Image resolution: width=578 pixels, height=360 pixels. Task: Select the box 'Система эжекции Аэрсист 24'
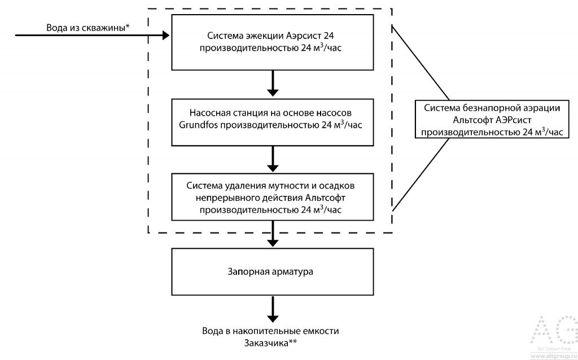(x=273, y=42)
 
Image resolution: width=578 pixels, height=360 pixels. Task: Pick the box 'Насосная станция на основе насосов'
(x=273, y=120)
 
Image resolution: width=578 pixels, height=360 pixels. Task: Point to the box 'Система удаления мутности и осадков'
(x=273, y=197)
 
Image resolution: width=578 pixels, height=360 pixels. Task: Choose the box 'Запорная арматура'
(x=273, y=272)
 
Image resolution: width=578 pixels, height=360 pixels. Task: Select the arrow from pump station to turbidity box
(x=273, y=159)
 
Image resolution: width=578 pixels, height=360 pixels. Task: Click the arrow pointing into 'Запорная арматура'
(x=273, y=234)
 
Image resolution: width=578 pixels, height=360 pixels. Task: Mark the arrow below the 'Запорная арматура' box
(x=273, y=310)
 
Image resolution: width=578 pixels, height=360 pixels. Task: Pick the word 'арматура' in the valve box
(x=294, y=272)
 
